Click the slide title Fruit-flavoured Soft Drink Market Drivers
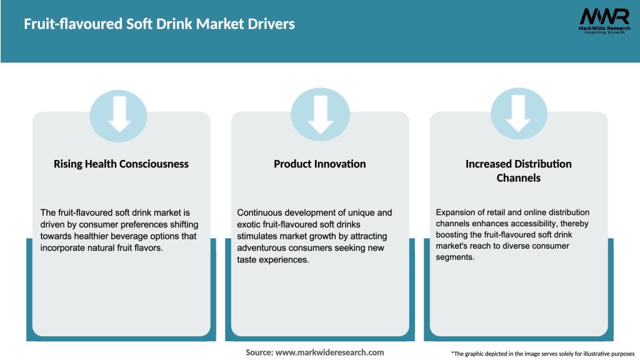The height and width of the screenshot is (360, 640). [x=159, y=24]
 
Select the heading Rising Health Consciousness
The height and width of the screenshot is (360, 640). [x=121, y=164]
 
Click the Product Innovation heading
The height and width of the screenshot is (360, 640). [x=319, y=164]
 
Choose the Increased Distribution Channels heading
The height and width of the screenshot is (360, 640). [x=518, y=171]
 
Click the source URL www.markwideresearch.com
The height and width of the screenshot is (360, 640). [x=329, y=352]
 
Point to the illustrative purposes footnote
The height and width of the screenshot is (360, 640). [x=542, y=354]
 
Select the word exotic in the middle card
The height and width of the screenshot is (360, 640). [x=251, y=224]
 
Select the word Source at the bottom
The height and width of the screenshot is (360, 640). [x=259, y=352]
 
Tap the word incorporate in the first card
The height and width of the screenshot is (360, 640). [x=64, y=248]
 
